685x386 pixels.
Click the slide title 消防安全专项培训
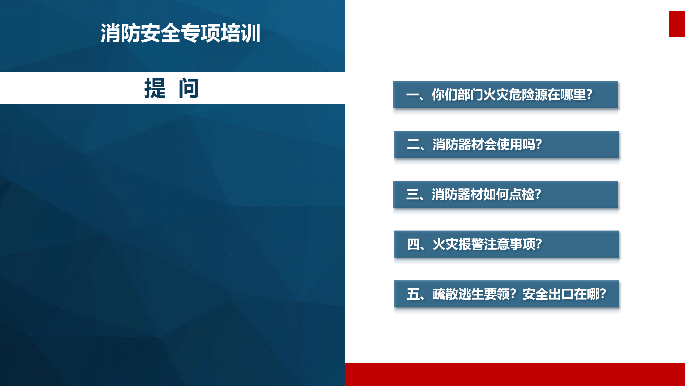click(x=180, y=33)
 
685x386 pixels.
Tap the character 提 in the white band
click(x=155, y=88)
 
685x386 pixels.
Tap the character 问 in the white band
click(x=189, y=88)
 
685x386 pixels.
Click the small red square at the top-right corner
click(x=677, y=24)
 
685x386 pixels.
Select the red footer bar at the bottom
click(x=515, y=374)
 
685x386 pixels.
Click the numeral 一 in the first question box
click(x=412, y=95)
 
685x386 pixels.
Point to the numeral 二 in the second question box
click(x=413, y=145)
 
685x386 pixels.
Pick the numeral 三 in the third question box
click(x=412, y=194)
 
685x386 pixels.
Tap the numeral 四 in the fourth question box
click(x=413, y=244)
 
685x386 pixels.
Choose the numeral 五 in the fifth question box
click(x=413, y=294)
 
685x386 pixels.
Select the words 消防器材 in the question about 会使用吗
click(x=458, y=145)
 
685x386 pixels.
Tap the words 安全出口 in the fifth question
click(x=548, y=294)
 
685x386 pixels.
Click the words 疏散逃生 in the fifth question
click(x=458, y=294)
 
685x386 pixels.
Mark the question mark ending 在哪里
click(x=589, y=95)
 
